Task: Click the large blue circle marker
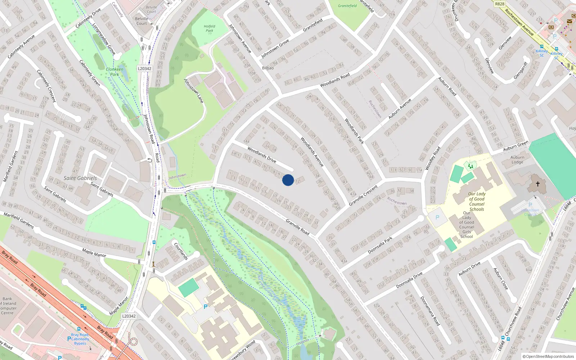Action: [x=288, y=180]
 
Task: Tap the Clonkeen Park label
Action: [x=114, y=72]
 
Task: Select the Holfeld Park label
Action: [x=209, y=28]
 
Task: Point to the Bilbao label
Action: [x=268, y=68]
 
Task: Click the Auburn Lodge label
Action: [x=517, y=159]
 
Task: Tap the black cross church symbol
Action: [x=537, y=184]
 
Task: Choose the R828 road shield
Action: [x=500, y=4]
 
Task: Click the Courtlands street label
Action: [x=181, y=251]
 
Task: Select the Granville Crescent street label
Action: [x=363, y=195]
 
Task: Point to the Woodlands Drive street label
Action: [x=262, y=154]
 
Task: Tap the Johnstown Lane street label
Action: [x=194, y=91]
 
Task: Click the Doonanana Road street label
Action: [x=430, y=311]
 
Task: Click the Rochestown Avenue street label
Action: [x=519, y=22]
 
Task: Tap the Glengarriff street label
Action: [x=521, y=71]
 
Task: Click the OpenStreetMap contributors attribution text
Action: [x=548, y=357]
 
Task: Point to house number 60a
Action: [x=528, y=270]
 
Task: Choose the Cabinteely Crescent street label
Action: [x=47, y=86]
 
